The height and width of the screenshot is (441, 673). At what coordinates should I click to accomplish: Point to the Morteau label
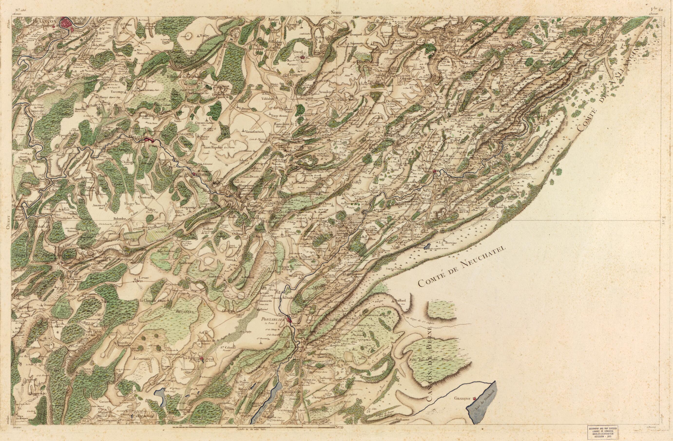(424, 168)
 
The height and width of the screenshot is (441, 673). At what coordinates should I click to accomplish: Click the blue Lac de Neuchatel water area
(482, 408)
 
